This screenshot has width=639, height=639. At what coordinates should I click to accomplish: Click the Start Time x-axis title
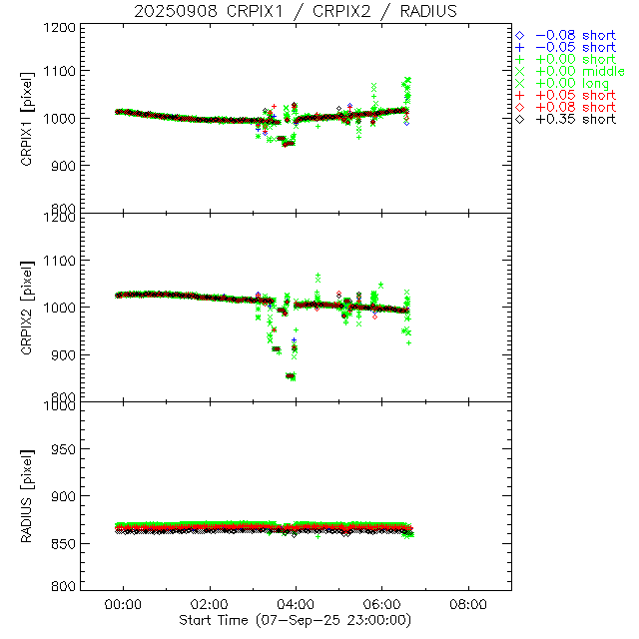297,620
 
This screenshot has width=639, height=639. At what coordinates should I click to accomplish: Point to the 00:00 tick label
124,604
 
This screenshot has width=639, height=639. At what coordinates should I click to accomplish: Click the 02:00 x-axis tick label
210,604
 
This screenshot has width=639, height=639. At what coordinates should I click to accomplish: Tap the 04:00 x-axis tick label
297,604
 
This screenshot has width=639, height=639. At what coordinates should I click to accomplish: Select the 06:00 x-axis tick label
382,604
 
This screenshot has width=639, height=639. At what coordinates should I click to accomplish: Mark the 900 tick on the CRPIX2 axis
64,354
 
